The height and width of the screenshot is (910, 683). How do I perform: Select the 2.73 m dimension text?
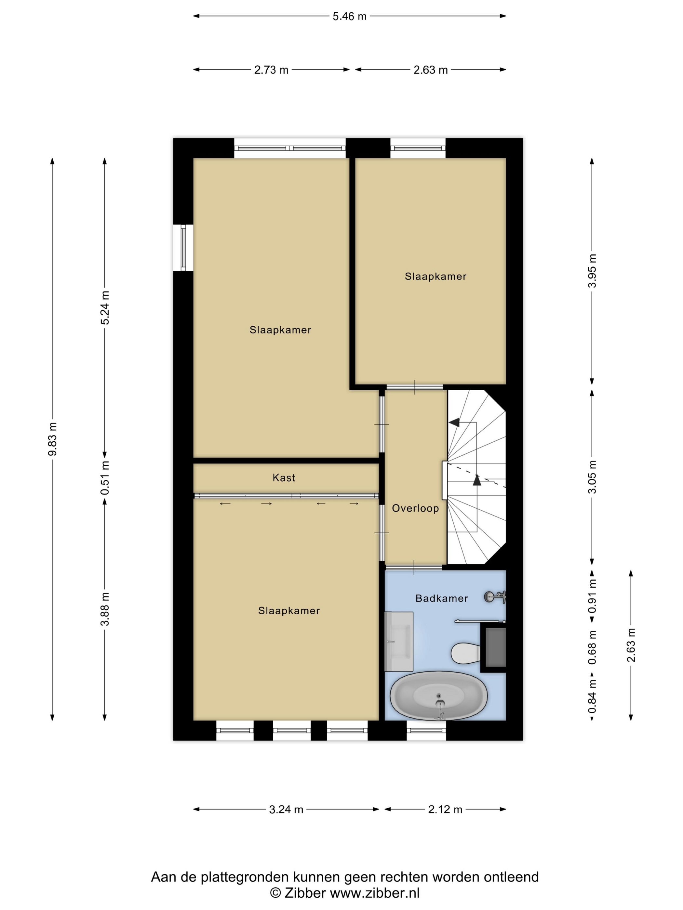(x=271, y=70)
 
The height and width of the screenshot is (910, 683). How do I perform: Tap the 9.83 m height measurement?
(x=53, y=439)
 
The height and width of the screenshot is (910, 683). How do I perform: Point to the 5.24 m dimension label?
(x=105, y=307)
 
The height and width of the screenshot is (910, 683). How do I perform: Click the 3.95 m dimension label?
(x=592, y=271)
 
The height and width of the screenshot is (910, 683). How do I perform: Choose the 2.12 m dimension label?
(x=445, y=810)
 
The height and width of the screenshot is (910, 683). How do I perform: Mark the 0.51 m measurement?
(x=105, y=478)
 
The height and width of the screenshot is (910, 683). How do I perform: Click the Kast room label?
(x=284, y=478)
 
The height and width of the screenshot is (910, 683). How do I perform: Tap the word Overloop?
(x=415, y=509)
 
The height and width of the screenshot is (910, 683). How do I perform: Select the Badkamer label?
(x=441, y=599)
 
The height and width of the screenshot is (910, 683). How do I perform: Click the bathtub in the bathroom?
(x=438, y=695)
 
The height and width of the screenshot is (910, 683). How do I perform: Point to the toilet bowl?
(x=466, y=653)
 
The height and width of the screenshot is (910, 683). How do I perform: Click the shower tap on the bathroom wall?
(x=495, y=597)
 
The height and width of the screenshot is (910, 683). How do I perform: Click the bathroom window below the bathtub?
(x=426, y=731)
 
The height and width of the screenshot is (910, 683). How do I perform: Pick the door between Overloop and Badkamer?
(x=414, y=568)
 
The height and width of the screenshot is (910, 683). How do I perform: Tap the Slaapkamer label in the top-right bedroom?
(x=435, y=277)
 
